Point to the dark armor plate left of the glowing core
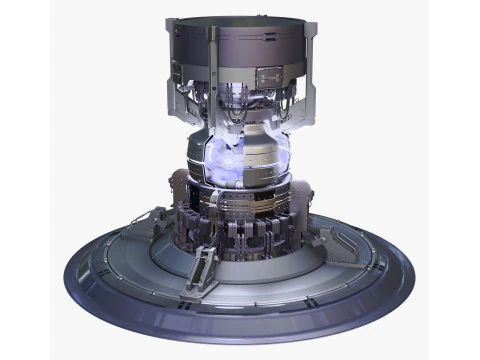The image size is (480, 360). [x=198, y=158]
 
